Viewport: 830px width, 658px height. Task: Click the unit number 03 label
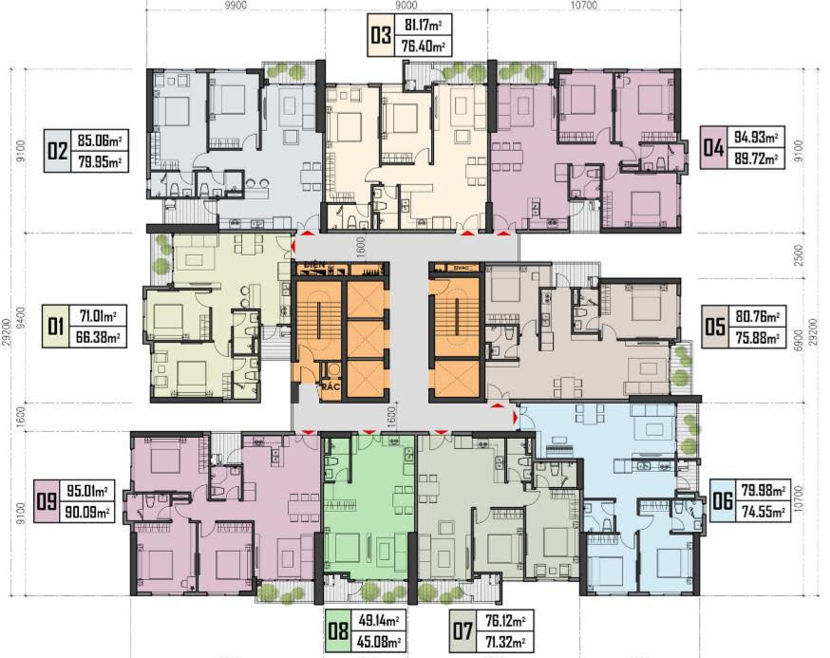coord(382,36)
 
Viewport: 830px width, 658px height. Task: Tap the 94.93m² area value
coord(759,138)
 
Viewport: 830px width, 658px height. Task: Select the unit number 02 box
coord(58,150)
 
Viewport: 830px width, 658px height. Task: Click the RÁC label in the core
coord(329,388)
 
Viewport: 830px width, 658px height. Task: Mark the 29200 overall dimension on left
coord(8,332)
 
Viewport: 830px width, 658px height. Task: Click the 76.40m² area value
coord(423,46)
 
